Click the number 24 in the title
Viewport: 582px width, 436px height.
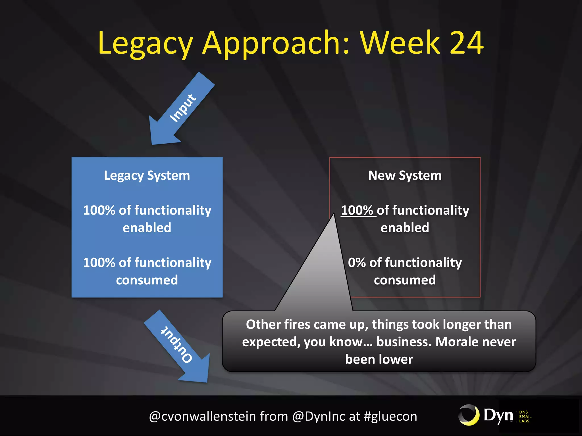[466, 43]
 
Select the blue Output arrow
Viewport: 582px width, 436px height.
[179, 346]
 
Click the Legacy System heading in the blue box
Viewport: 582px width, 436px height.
[147, 175]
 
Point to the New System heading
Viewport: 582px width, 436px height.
[405, 175]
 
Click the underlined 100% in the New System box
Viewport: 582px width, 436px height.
[357, 210]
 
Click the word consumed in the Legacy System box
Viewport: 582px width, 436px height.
[147, 280]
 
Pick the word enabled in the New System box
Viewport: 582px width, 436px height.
[405, 228]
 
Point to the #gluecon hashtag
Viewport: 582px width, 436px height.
[390, 416]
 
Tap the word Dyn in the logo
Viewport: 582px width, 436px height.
[498, 416]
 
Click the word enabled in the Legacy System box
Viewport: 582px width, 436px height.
[147, 228]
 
